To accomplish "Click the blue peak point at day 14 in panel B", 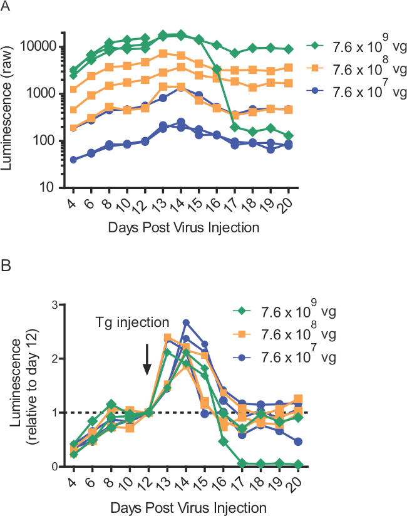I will pyautogui.click(x=186, y=323).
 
